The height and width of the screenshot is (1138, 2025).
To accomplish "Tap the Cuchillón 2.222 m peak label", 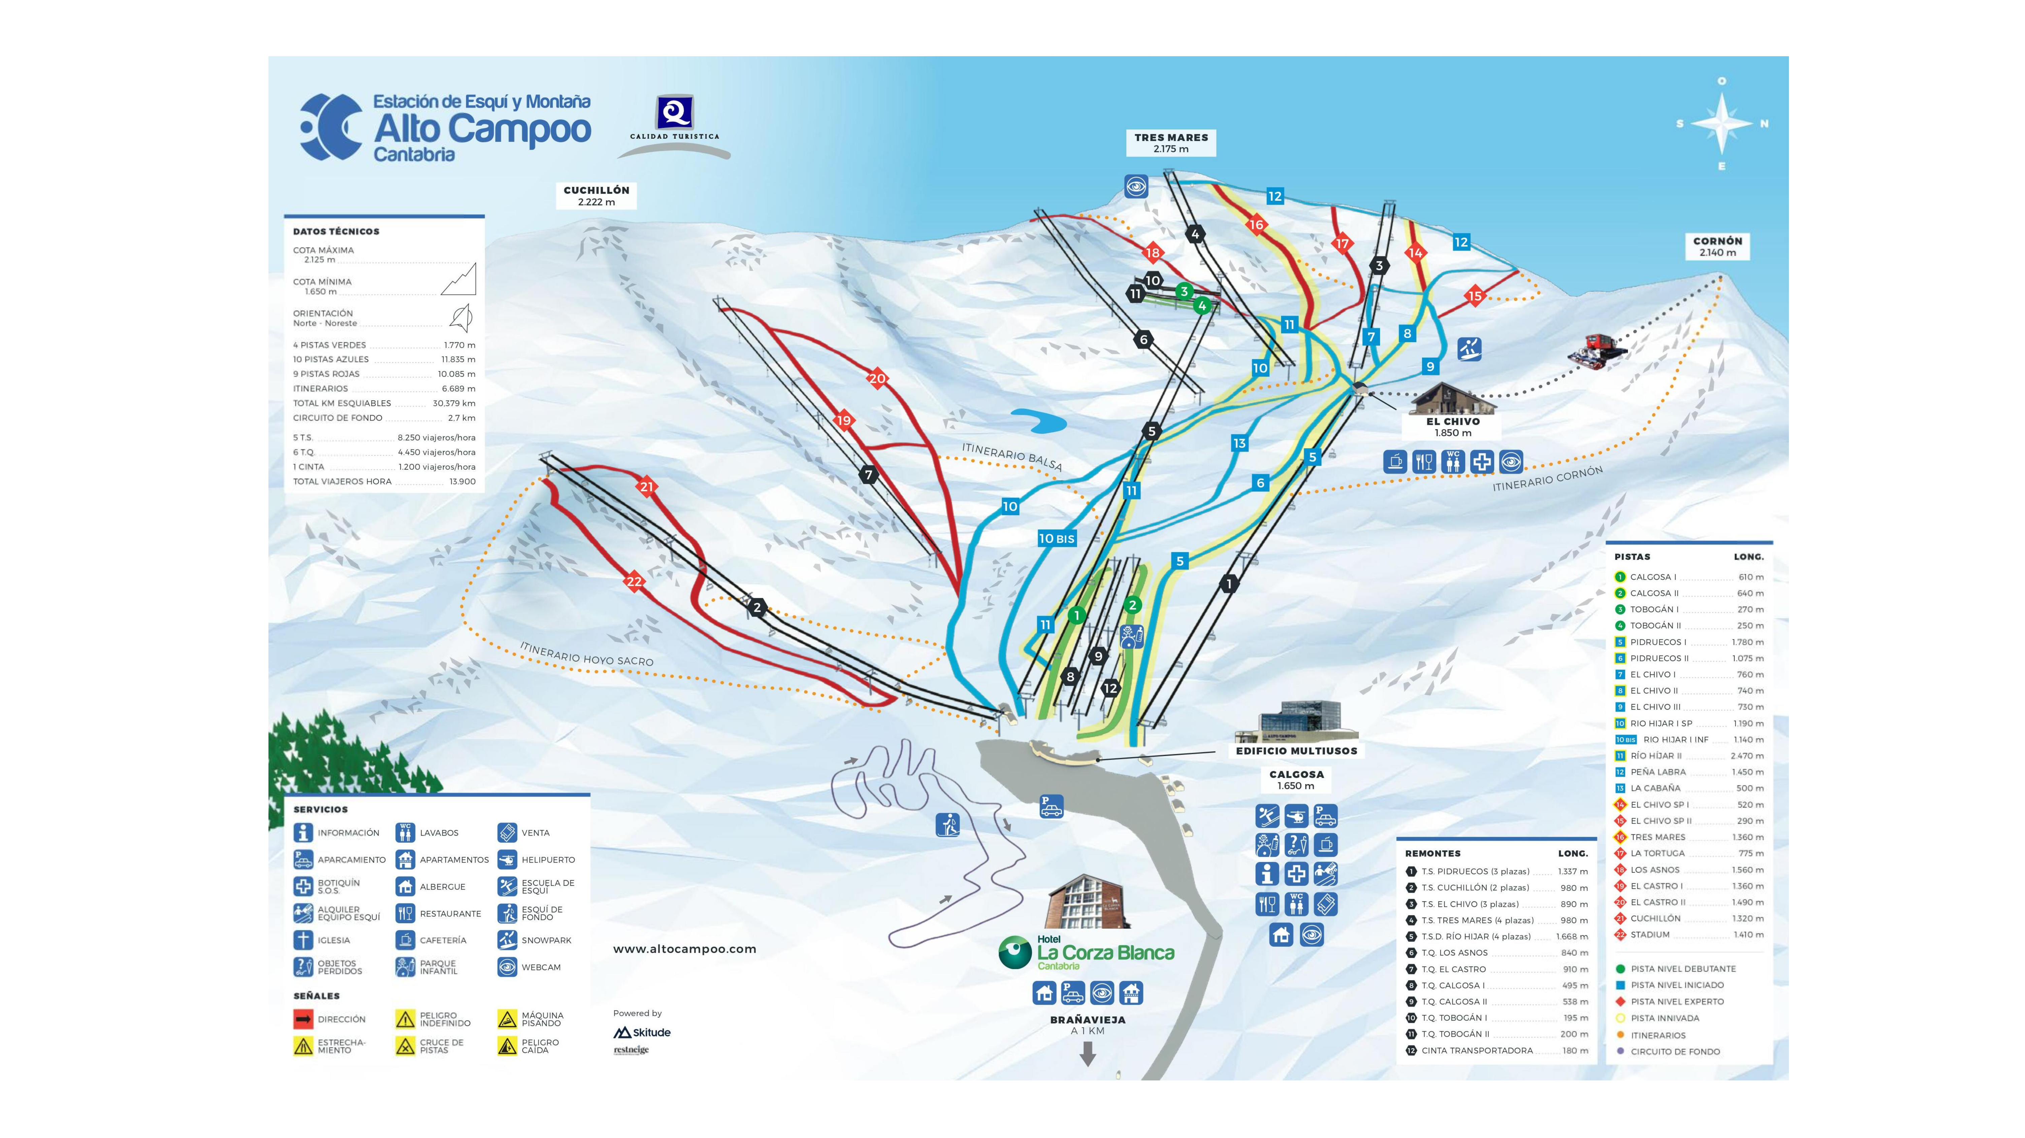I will [596, 196].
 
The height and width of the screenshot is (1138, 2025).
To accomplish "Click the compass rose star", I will [1722, 123].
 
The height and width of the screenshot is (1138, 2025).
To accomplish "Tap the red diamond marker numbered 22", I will [634, 581].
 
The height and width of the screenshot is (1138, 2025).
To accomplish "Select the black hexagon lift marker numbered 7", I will [868, 475].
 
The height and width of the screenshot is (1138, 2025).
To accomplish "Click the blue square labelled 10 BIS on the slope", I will [1056, 538].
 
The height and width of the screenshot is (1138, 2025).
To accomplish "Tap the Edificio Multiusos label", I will [1296, 750].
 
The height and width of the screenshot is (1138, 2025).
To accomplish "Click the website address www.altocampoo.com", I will [684, 948].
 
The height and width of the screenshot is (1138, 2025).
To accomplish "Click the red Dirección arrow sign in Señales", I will [303, 1019].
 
